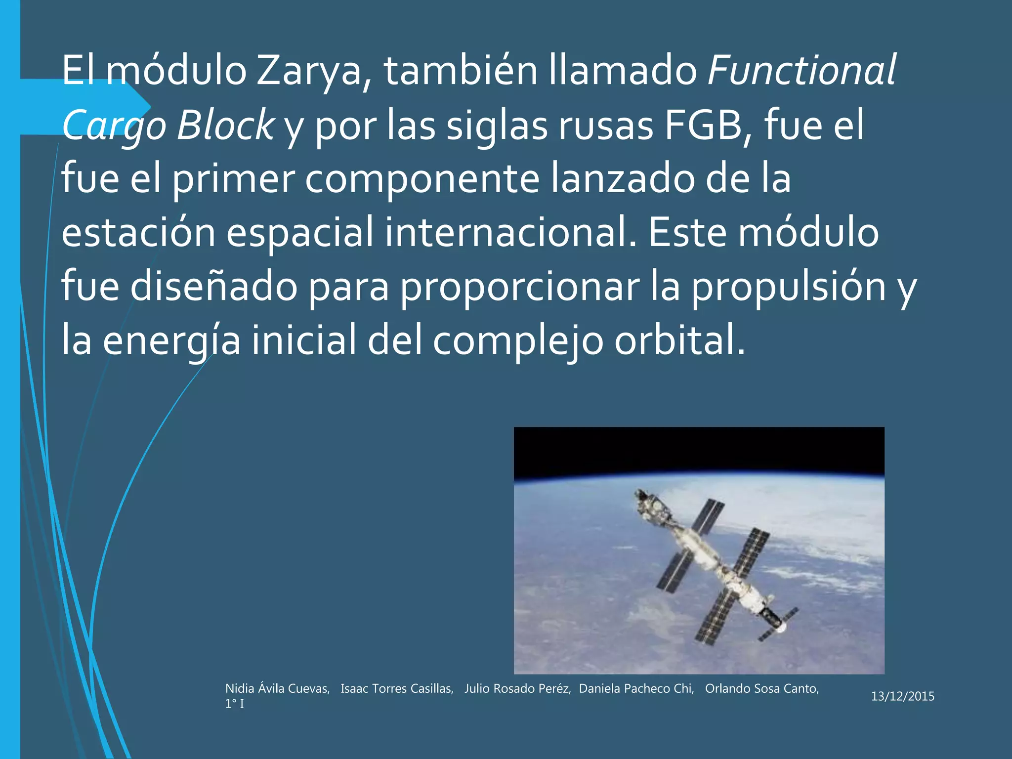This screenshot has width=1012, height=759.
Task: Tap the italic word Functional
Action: pos(801,70)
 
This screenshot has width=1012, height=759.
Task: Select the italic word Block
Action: pos(225,125)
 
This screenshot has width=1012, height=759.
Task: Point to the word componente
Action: pos(422,179)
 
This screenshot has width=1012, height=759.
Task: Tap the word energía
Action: pos(171,341)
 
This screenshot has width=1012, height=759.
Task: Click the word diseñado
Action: pos(213,287)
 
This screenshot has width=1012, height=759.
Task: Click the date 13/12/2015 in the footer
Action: pos(902,696)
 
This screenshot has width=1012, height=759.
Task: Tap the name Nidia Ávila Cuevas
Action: pos(277,689)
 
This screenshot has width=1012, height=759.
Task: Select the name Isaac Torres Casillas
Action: pos(397,689)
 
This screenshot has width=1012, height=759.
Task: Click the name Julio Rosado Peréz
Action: pos(517,689)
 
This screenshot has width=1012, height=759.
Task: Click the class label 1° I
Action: pos(234,704)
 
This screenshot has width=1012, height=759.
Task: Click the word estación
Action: pos(138,233)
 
